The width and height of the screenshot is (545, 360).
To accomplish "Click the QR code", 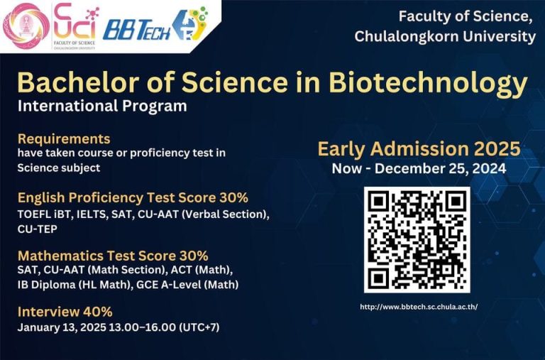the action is point(417,240).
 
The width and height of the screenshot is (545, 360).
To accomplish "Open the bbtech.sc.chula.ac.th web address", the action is point(419,307).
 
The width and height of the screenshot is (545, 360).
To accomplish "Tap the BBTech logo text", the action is point(136,31).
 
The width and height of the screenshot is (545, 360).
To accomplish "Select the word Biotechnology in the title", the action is point(428,84).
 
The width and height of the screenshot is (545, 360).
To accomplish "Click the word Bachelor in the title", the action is point(78,83).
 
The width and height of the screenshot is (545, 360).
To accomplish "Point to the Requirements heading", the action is point(64,138).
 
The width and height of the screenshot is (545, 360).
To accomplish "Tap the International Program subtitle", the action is point(102,106).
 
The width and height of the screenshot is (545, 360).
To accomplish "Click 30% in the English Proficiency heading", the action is point(233,197).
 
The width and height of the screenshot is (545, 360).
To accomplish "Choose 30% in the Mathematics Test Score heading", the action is point(194,256).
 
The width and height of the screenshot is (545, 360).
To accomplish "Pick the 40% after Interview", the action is point(98,312).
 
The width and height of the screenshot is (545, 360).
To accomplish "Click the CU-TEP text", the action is point(38,229).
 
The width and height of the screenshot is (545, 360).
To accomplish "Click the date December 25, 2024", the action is point(441,169).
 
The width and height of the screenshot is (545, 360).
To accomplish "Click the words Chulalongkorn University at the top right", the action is point(445,36).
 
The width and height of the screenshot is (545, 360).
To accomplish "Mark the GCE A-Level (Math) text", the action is point(187,285).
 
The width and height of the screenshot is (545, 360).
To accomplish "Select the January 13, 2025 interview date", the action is point(62,327).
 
